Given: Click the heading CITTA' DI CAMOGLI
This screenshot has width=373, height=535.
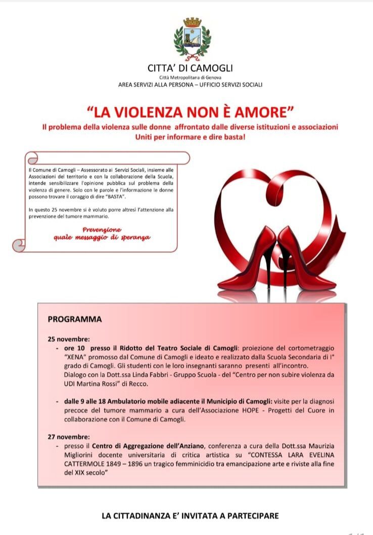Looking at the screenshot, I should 190,68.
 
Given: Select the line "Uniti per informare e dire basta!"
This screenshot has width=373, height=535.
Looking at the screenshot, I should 190,137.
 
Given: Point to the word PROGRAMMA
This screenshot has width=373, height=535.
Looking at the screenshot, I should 74,320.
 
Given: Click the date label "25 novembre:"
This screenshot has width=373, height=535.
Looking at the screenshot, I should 69,339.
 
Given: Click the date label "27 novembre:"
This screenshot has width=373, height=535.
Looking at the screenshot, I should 69,436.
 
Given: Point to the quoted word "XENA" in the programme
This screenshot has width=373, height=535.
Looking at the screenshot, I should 74,356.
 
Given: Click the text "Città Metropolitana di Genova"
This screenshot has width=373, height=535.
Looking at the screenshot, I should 190,77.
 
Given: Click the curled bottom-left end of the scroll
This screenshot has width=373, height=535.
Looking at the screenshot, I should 19,245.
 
